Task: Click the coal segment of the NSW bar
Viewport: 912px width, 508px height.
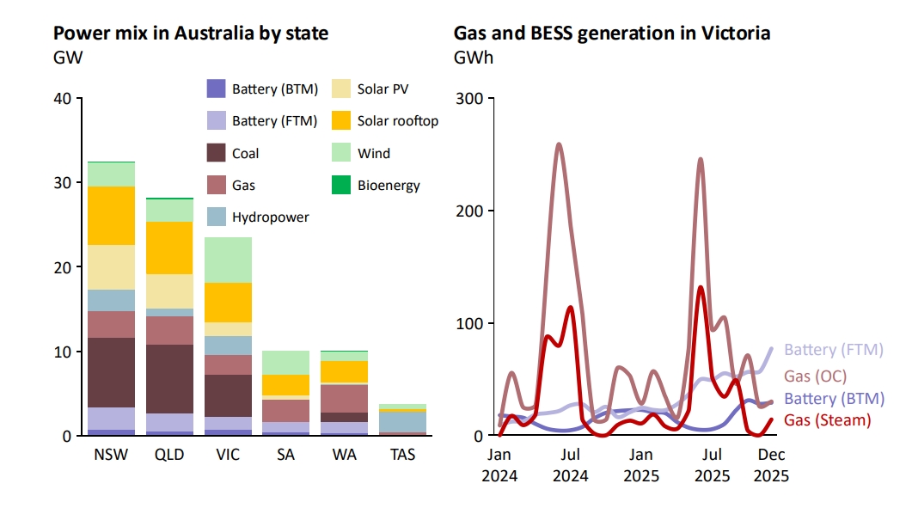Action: pyautogui.click(x=111, y=372)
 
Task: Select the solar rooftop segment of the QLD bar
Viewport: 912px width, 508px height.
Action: pyautogui.click(x=169, y=248)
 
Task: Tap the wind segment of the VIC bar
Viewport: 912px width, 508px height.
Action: pyautogui.click(x=228, y=260)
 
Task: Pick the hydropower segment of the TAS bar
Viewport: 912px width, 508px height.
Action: pyautogui.click(x=403, y=421)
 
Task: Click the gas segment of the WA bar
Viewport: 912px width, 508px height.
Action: pyautogui.click(x=345, y=398)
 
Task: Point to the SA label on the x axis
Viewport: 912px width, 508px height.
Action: pyautogui.click(x=286, y=454)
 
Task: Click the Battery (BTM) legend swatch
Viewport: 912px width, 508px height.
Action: pyautogui.click(x=216, y=88)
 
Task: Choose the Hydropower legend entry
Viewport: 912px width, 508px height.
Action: pyautogui.click(x=270, y=217)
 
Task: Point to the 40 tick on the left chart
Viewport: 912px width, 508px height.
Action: pyautogui.click(x=63, y=98)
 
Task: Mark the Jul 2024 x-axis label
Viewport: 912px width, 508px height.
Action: pyautogui.click(x=571, y=464)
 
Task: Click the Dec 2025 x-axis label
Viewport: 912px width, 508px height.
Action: pyautogui.click(x=771, y=464)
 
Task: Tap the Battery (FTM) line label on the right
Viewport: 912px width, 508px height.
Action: pyautogui.click(x=833, y=350)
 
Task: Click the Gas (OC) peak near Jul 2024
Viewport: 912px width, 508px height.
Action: pyautogui.click(x=559, y=144)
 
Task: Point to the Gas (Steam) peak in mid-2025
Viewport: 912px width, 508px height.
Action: pyautogui.click(x=701, y=287)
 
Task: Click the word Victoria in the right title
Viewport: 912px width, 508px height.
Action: pyautogui.click(x=732, y=34)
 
